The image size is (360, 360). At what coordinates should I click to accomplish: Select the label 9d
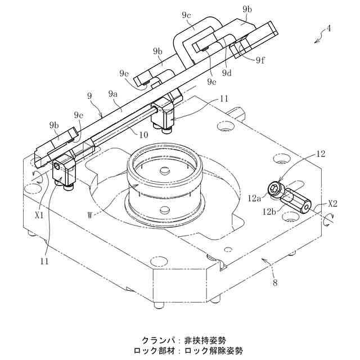(227, 72)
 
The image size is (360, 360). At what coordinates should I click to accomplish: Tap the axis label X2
(332, 204)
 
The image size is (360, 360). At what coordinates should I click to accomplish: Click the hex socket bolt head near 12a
(275, 190)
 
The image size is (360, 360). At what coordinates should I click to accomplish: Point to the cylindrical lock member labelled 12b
(296, 201)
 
